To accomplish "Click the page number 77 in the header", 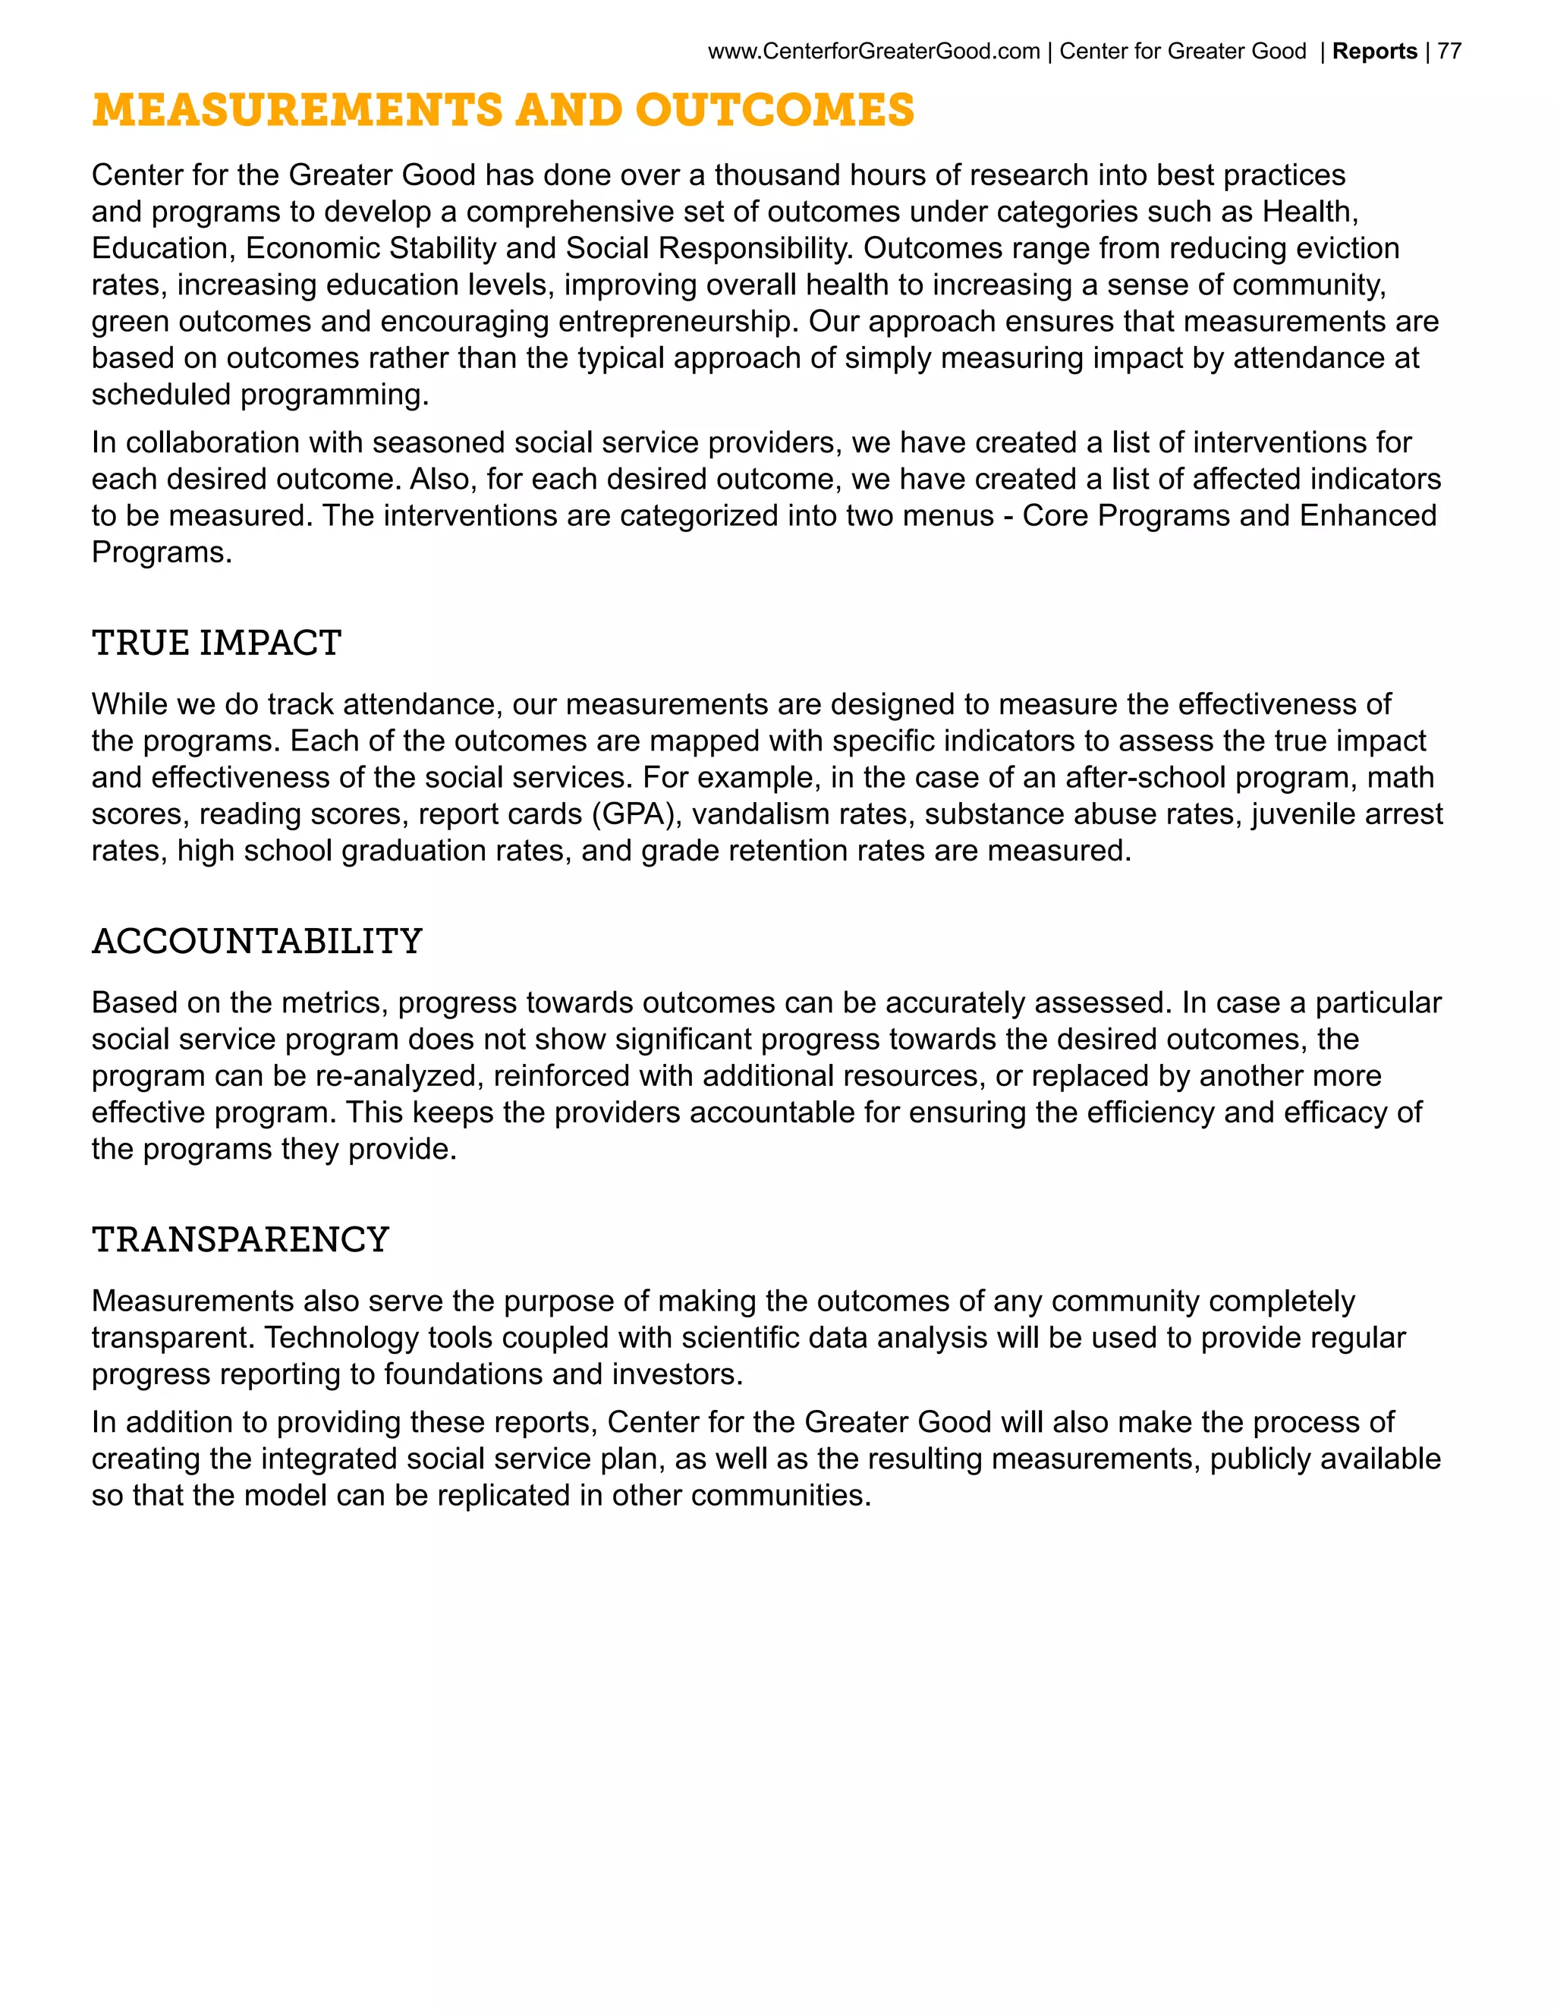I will [x=1449, y=52].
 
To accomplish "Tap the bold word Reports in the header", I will [x=1374, y=52].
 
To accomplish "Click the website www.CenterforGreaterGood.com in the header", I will [x=873, y=52].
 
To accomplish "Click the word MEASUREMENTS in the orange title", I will [x=297, y=111].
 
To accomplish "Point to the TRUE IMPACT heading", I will [x=216, y=643].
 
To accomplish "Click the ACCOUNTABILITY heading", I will [x=257, y=941].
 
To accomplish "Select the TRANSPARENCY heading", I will [x=241, y=1239].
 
